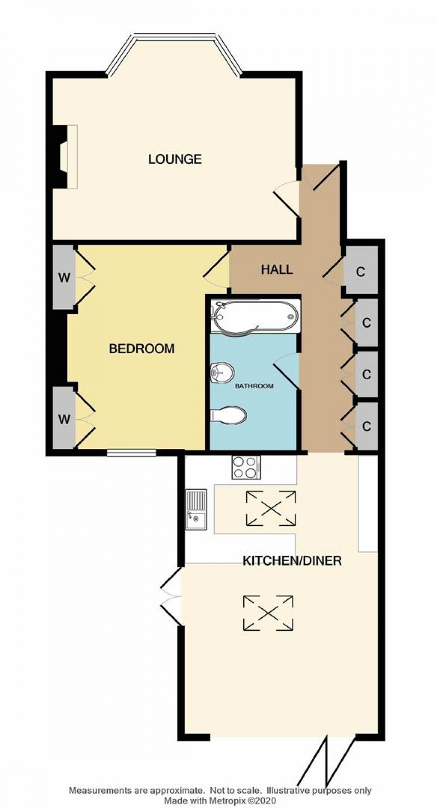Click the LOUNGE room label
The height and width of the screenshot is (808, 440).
coord(175,159)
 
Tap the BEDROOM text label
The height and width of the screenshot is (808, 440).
coord(142,349)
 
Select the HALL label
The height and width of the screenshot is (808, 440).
coord(277,269)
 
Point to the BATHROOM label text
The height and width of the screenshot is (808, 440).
coord(254,386)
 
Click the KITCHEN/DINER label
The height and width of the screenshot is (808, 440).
coord(292,560)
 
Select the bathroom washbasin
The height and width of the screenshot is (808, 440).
coord(222,372)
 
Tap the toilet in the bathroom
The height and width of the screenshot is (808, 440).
coord(228,415)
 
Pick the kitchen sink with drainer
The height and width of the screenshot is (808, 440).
coord(196,509)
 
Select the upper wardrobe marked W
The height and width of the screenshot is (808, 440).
coord(64,277)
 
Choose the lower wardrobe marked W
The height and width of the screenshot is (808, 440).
coord(64,419)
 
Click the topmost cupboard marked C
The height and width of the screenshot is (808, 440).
coord(361,272)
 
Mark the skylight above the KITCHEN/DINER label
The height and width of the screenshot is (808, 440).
coord(271,509)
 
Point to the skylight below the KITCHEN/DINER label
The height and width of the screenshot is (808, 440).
coord(268,613)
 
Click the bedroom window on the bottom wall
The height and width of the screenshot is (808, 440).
coord(132,453)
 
